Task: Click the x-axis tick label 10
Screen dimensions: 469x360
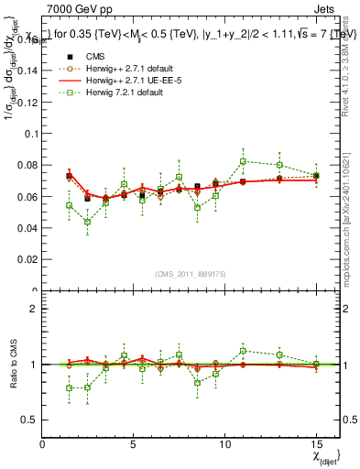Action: (224, 444)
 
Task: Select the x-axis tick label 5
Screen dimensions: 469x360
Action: (134, 444)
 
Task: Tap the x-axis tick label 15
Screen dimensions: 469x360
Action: (315, 444)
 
